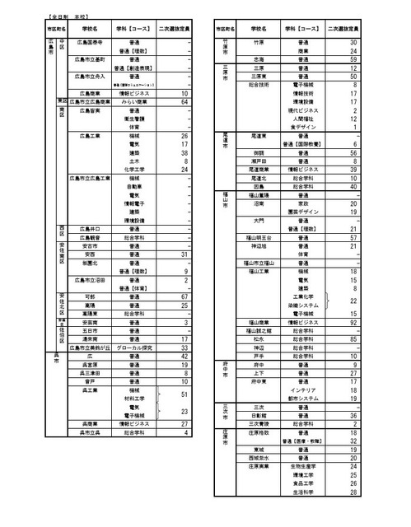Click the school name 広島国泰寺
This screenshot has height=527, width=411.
[x=91, y=41]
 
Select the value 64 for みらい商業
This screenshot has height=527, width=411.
[x=184, y=101]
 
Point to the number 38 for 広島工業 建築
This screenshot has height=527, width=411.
[x=184, y=152]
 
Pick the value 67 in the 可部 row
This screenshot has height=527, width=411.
[x=184, y=296]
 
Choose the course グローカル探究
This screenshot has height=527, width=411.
[x=134, y=347]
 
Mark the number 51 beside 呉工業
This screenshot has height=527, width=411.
[x=184, y=394]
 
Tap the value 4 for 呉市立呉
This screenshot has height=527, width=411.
[x=186, y=431]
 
